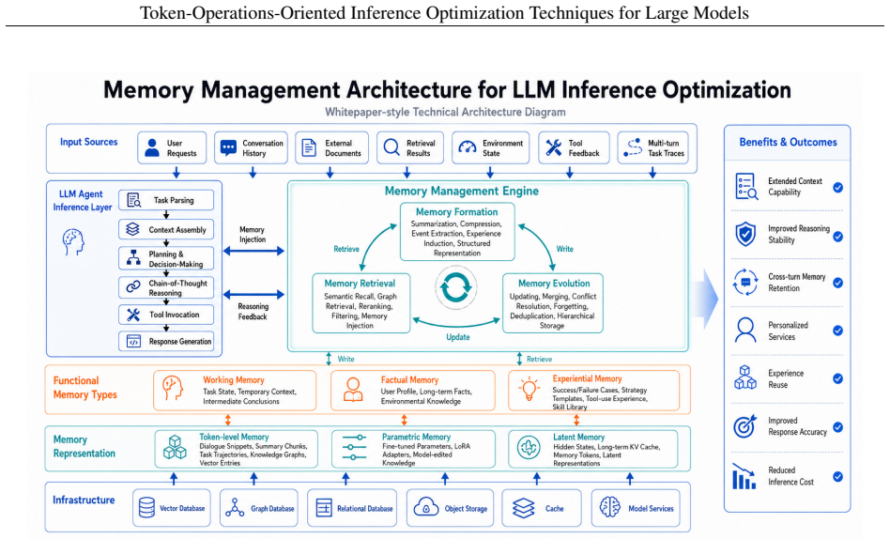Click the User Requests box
pyautogui.click(x=172, y=148)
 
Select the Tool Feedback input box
pyautogui.click(x=574, y=148)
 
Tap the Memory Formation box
pyautogui.click(x=457, y=232)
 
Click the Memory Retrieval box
pyautogui.click(x=361, y=303)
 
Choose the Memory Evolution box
pyautogui.click(x=553, y=303)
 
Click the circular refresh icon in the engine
pyautogui.click(x=455, y=287)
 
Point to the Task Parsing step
pyautogui.click(x=166, y=200)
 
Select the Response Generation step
pyautogui.click(x=166, y=342)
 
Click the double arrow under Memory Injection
pyautogui.click(x=253, y=251)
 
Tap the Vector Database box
pyautogui.click(x=172, y=508)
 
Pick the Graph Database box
pyautogui.click(x=259, y=508)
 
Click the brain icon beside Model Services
pyautogui.click(x=610, y=507)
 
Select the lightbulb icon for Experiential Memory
pyautogui.click(x=529, y=389)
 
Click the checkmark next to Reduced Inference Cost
pyautogui.click(x=837, y=476)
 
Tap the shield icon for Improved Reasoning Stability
pyautogui.click(x=745, y=234)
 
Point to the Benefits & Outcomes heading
pyautogui.click(x=788, y=142)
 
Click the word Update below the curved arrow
pyautogui.click(x=458, y=337)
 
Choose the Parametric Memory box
pyautogui.click(x=413, y=449)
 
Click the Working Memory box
pyautogui.click(x=235, y=391)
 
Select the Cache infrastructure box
pyautogui.click(x=542, y=508)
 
